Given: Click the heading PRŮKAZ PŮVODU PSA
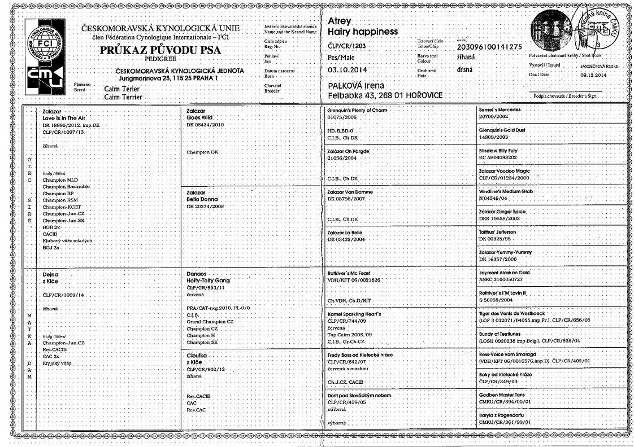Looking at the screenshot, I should (x=160, y=51).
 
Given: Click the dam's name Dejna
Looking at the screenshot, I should (x=50, y=273).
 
